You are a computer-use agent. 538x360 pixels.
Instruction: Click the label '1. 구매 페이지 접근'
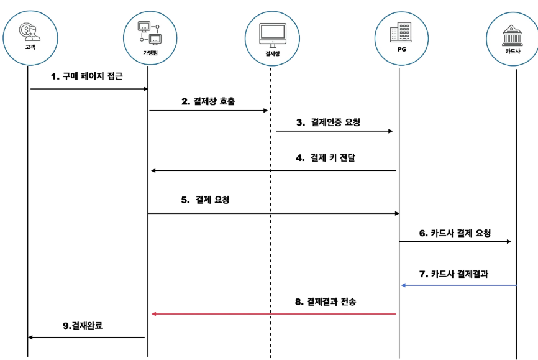pos(87,76)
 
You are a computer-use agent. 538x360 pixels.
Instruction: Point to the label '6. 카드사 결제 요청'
pos(455,233)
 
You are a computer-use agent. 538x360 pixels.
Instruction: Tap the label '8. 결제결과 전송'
pos(326,302)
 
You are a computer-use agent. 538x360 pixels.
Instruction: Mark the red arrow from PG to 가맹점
pos(274,314)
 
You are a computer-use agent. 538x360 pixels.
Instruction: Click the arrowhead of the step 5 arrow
pos(395,213)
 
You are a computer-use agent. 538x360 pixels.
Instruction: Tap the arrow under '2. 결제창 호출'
pos(208,111)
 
